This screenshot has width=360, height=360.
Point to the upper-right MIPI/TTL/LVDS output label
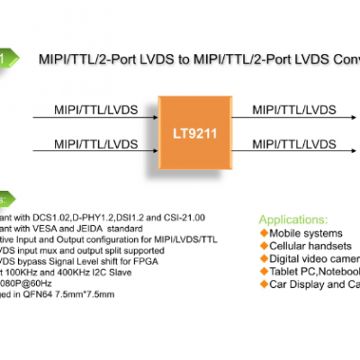point(295,109)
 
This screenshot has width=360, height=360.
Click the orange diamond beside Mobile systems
point(264,232)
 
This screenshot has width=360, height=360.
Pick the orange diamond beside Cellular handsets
point(264,245)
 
